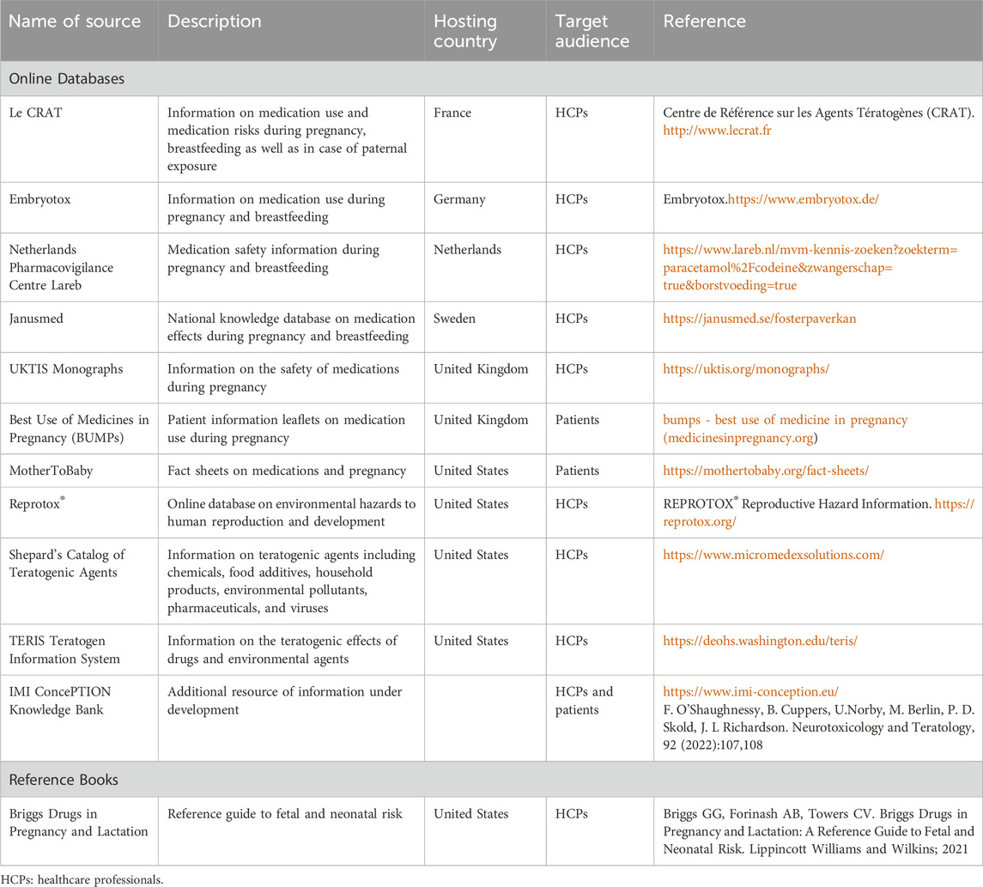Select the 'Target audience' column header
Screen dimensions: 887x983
click(x=592, y=31)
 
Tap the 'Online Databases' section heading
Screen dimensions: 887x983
click(x=67, y=78)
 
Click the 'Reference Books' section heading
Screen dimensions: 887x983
click(x=64, y=780)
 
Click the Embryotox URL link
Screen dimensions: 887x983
click(x=804, y=199)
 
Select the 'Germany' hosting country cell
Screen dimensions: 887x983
click(x=459, y=199)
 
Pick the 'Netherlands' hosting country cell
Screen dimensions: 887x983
click(x=469, y=251)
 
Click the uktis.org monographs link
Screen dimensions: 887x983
click(x=746, y=370)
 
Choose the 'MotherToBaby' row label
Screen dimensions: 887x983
click(x=47, y=471)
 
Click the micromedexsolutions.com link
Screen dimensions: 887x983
click(x=773, y=556)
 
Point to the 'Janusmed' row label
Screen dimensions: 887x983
click(x=37, y=319)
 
